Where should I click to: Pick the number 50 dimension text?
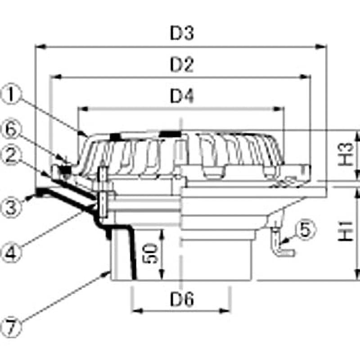pos(152,255)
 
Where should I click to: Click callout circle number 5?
pos(305,230)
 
